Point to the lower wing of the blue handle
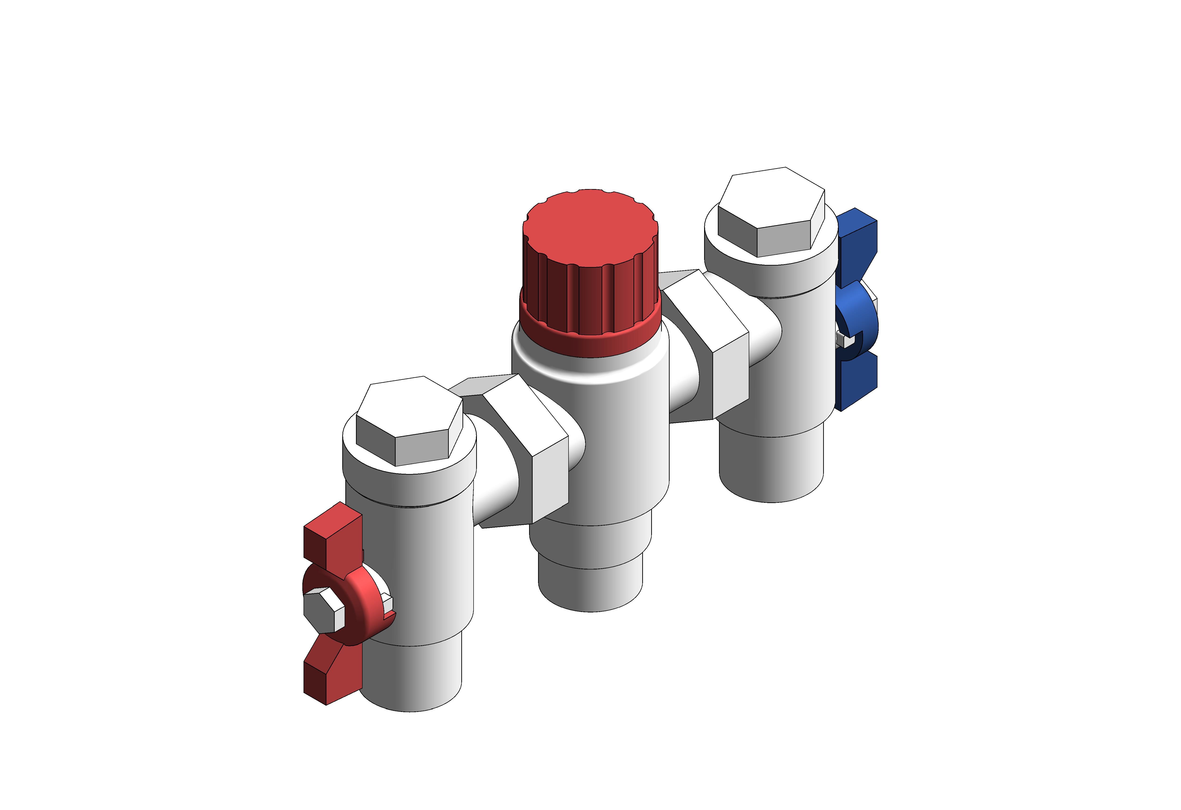858,381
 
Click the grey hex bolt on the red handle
323,610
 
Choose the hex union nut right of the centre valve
706,346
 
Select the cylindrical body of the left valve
412,559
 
